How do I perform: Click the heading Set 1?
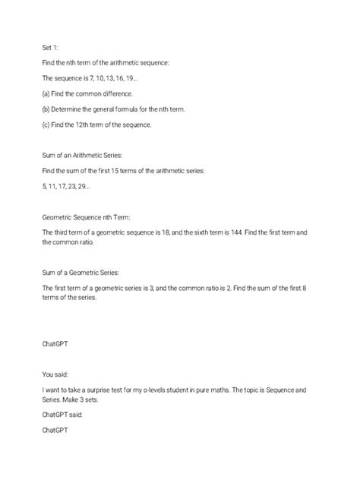pyautogui.click(x=51, y=46)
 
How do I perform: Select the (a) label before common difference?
pyautogui.click(x=47, y=93)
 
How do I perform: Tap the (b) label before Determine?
pyautogui.click(x=47, y=109)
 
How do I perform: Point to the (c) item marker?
pyautogui.click(x=47, y=125)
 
